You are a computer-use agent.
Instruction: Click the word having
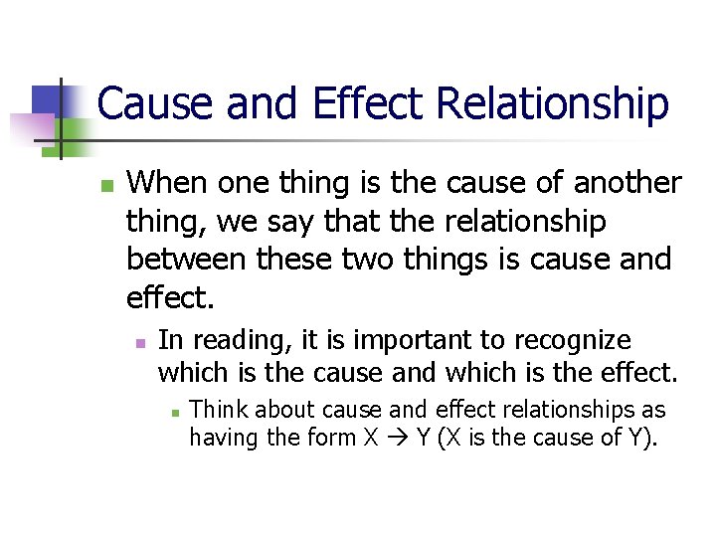tap(220, 437)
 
